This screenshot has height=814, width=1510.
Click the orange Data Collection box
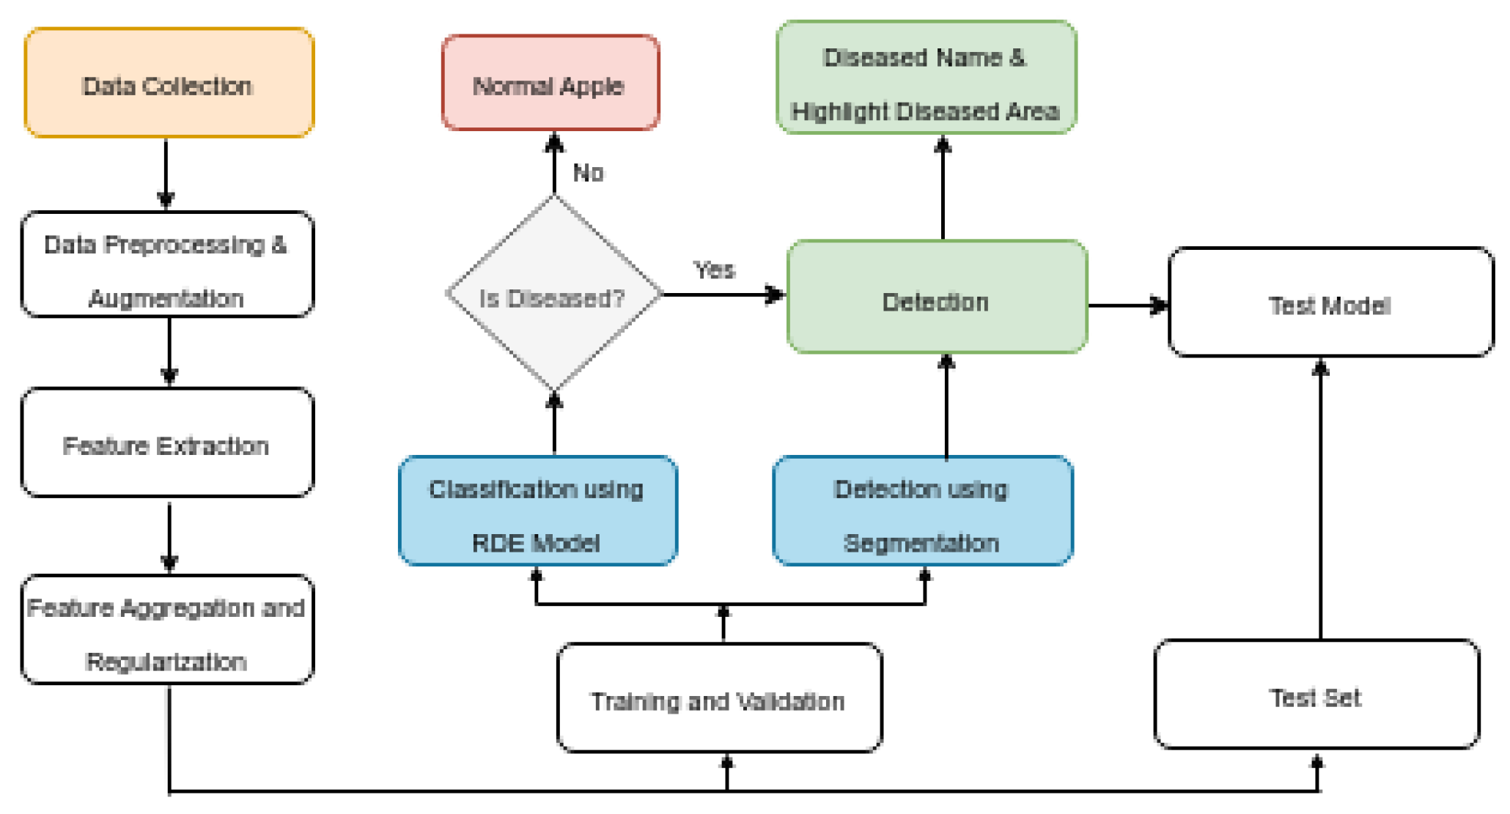[x=169, y=83]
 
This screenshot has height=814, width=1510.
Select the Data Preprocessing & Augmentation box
[x=167, y=264]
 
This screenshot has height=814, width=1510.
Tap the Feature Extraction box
[x=167, y=443]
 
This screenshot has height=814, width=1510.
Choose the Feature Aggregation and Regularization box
[x=167, y=630]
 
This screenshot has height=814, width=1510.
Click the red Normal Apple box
[x=550, y=83]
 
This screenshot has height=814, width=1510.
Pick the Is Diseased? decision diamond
[x=554, y=294]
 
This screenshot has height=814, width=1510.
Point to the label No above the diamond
[x=588, y=173]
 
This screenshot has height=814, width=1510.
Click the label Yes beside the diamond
[x=713, y=270]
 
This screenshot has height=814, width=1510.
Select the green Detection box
[x=936, y=297]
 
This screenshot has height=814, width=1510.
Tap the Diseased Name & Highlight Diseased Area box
[x=926, y=78]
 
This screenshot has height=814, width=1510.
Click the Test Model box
[x=1330, y=303]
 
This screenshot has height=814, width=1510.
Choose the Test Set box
[x=1316, y=695]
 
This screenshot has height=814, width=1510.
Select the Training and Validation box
[x=718, y=698]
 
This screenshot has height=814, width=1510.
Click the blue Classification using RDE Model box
[x=537, y=511]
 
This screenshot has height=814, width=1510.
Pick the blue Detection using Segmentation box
[x=923, y=511]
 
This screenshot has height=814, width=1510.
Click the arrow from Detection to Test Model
[x=1127, y=305]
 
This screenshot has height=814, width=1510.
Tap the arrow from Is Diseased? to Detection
[x=722, y=295]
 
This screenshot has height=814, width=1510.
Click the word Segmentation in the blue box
[x=921, y=543]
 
